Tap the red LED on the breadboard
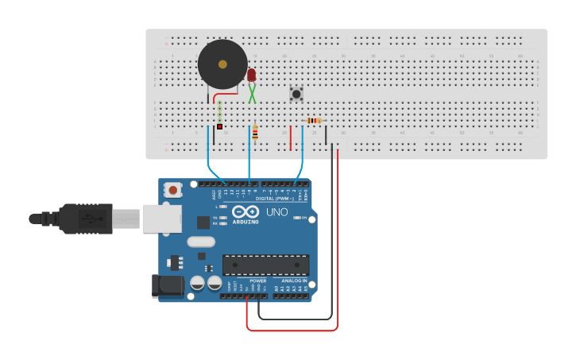252,75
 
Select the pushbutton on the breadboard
296,94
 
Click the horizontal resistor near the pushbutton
313,121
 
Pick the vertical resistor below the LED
255,133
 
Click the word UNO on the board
276,212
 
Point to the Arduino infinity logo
246,212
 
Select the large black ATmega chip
265,265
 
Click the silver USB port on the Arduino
161,218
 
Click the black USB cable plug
83,219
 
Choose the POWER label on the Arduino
258,281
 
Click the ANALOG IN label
294,281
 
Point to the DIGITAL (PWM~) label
275,198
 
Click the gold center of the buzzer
222,64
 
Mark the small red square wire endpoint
220,126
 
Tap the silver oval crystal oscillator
201,242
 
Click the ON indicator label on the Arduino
303,218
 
